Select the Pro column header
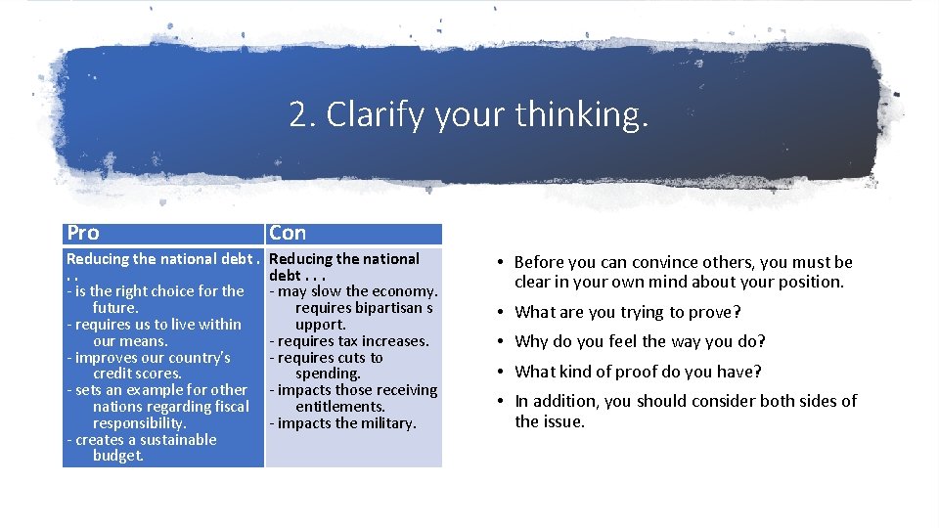tap(83, 233)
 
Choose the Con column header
tap(288, 233)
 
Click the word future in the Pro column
tap(113, 307)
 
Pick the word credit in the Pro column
tap(114, 374)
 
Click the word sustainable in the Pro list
tap(170, 439)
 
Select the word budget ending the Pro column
tap(117, 456)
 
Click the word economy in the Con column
tap(403, 290)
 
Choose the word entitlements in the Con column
tap(339, 406)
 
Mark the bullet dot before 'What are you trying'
tap(500, 313)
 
